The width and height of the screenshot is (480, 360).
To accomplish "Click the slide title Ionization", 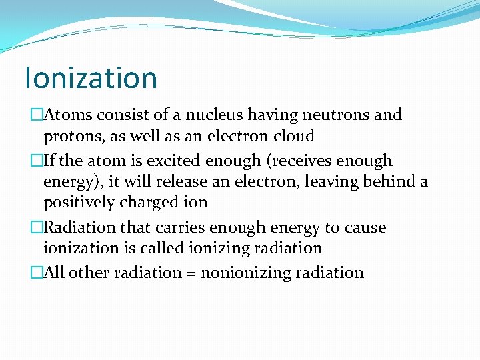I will coord(91,77).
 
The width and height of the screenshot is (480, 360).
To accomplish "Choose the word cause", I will coord(365,227).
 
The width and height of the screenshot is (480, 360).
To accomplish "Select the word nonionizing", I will coord(250,273).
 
